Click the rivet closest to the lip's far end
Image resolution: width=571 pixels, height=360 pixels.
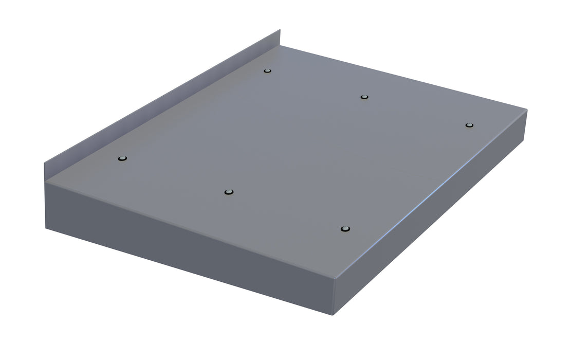267,70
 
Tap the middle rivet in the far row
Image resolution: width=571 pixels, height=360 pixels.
364,97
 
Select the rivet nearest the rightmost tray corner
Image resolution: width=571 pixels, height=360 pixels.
468,125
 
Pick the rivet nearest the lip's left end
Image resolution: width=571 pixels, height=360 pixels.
122,158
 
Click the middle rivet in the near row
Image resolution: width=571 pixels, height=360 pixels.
229,192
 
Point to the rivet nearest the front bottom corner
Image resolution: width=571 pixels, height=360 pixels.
345,228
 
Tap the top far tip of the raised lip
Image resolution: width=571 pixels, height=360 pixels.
280,30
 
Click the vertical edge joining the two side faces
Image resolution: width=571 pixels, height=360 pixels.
336,296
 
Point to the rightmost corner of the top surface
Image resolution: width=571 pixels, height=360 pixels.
526,109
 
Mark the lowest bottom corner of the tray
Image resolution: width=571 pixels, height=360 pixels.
335,314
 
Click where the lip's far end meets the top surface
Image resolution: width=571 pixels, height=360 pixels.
281,46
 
